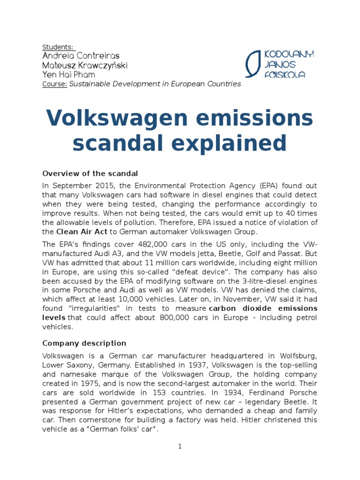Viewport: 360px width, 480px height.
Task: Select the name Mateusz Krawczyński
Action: (x=85, y=65)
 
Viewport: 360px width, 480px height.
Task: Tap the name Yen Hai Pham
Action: (x=68, y=75)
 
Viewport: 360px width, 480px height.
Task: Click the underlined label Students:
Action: (x=58, y=47)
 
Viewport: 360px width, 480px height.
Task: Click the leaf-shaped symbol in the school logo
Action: (x=254, y=64)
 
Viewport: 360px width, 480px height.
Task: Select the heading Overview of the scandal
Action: (x=90, y=173)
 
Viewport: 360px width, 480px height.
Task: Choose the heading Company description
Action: (x=84, y=343)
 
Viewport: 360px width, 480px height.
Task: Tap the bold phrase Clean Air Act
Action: (x=82, y=232)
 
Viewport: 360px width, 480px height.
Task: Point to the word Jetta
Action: (x=217, y=253)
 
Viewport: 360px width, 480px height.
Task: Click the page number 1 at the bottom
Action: (x=180, y=446)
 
